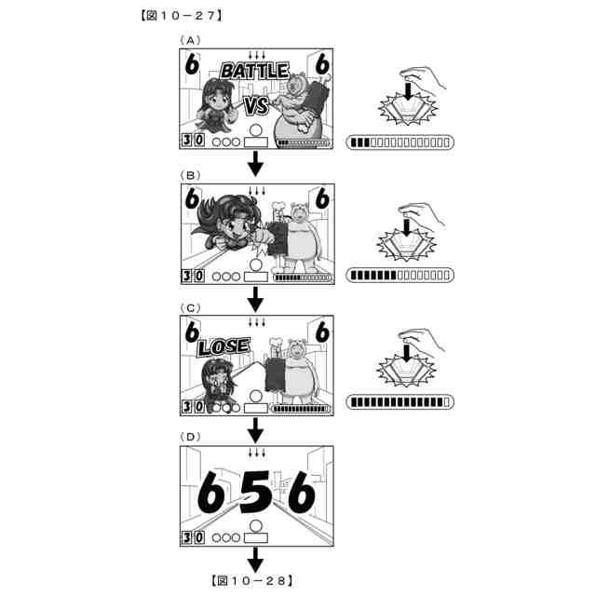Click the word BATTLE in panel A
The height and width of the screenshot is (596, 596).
255,71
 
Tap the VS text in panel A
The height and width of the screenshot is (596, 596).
256,105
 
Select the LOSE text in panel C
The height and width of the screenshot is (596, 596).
223,346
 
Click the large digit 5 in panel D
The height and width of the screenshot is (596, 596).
256,493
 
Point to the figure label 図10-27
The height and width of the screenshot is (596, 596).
181,16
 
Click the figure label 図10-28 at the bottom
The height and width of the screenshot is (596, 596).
252,580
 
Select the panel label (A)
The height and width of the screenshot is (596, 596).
190,40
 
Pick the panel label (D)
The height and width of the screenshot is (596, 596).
190,437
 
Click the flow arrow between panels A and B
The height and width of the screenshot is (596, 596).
256,164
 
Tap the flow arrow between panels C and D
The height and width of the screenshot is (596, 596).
256,430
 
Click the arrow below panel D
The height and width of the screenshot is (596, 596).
256,560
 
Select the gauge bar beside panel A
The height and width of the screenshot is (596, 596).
400,142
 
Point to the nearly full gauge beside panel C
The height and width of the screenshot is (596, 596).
400,401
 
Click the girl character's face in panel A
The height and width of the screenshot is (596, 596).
217,102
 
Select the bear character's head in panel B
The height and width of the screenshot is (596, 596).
300,213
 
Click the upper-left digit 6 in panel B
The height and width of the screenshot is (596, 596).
192,198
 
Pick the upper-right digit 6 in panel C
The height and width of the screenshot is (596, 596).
322,332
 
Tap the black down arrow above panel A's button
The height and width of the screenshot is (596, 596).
408,91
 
